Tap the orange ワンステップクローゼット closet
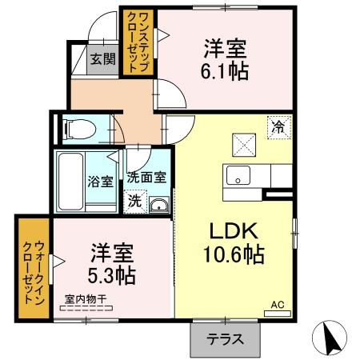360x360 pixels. [134, 42]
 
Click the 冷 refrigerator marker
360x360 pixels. [279, 126]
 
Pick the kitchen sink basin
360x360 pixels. [237, 174]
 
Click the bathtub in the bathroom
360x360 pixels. [69, 181]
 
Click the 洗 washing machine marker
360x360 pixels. [134, 201]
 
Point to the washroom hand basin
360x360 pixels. [159, 205]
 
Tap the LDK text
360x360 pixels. [233, 231]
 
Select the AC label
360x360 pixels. [278, 305]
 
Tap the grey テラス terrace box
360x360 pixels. [226, 338]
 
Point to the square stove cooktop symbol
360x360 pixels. [244, 143]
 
